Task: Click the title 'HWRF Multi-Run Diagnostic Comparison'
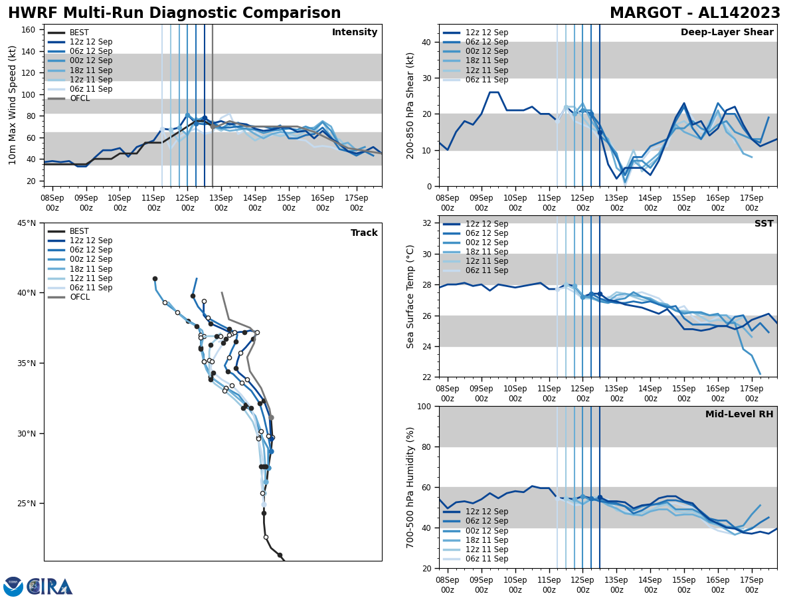pyautogui.click(x=174, y=13)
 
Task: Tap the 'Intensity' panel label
pyautogui.click(x=355, y=33)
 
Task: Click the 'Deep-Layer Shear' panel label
pyautogui.click(x=727, y=33)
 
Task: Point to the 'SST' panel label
pyautogui.click(x=764, y=224)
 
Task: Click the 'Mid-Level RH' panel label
pyautogui.click(x=739, y=415)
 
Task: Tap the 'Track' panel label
pyautogui.click(x=364, y=233)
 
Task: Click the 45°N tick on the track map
pyautogui.click(x=27, y=223)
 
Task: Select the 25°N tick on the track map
pyautogui.click(x=27, y=504)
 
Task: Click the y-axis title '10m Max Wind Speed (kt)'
pyautogui.click(x=13, y=105)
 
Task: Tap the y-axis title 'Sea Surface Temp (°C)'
pyautogui.click(x=410, y=296)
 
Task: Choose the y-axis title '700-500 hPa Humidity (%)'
pyautogui.click(x=410, y=487)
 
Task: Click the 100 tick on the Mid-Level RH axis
pyautogui.click(x=425, y=406)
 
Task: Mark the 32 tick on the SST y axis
pyautogui.click(x=428, y=223)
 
